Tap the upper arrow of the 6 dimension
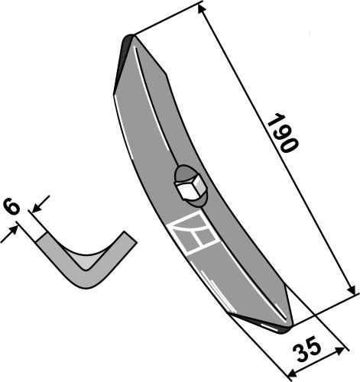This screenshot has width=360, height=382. point(38,203)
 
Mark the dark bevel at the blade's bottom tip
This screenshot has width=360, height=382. point(272,325)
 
